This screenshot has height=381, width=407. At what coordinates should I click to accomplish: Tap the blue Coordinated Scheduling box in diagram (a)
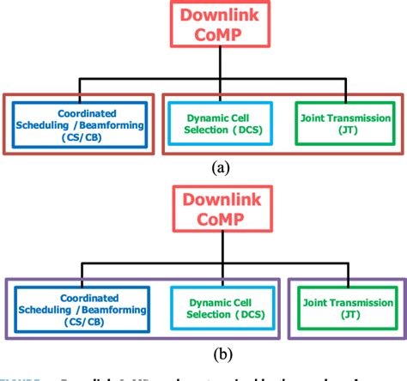click(x=81, y=124)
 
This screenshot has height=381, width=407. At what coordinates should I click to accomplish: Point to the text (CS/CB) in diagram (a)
click(x=81, y=137)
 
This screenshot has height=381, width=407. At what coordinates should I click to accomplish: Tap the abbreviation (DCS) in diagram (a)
click(x=248, y=130)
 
